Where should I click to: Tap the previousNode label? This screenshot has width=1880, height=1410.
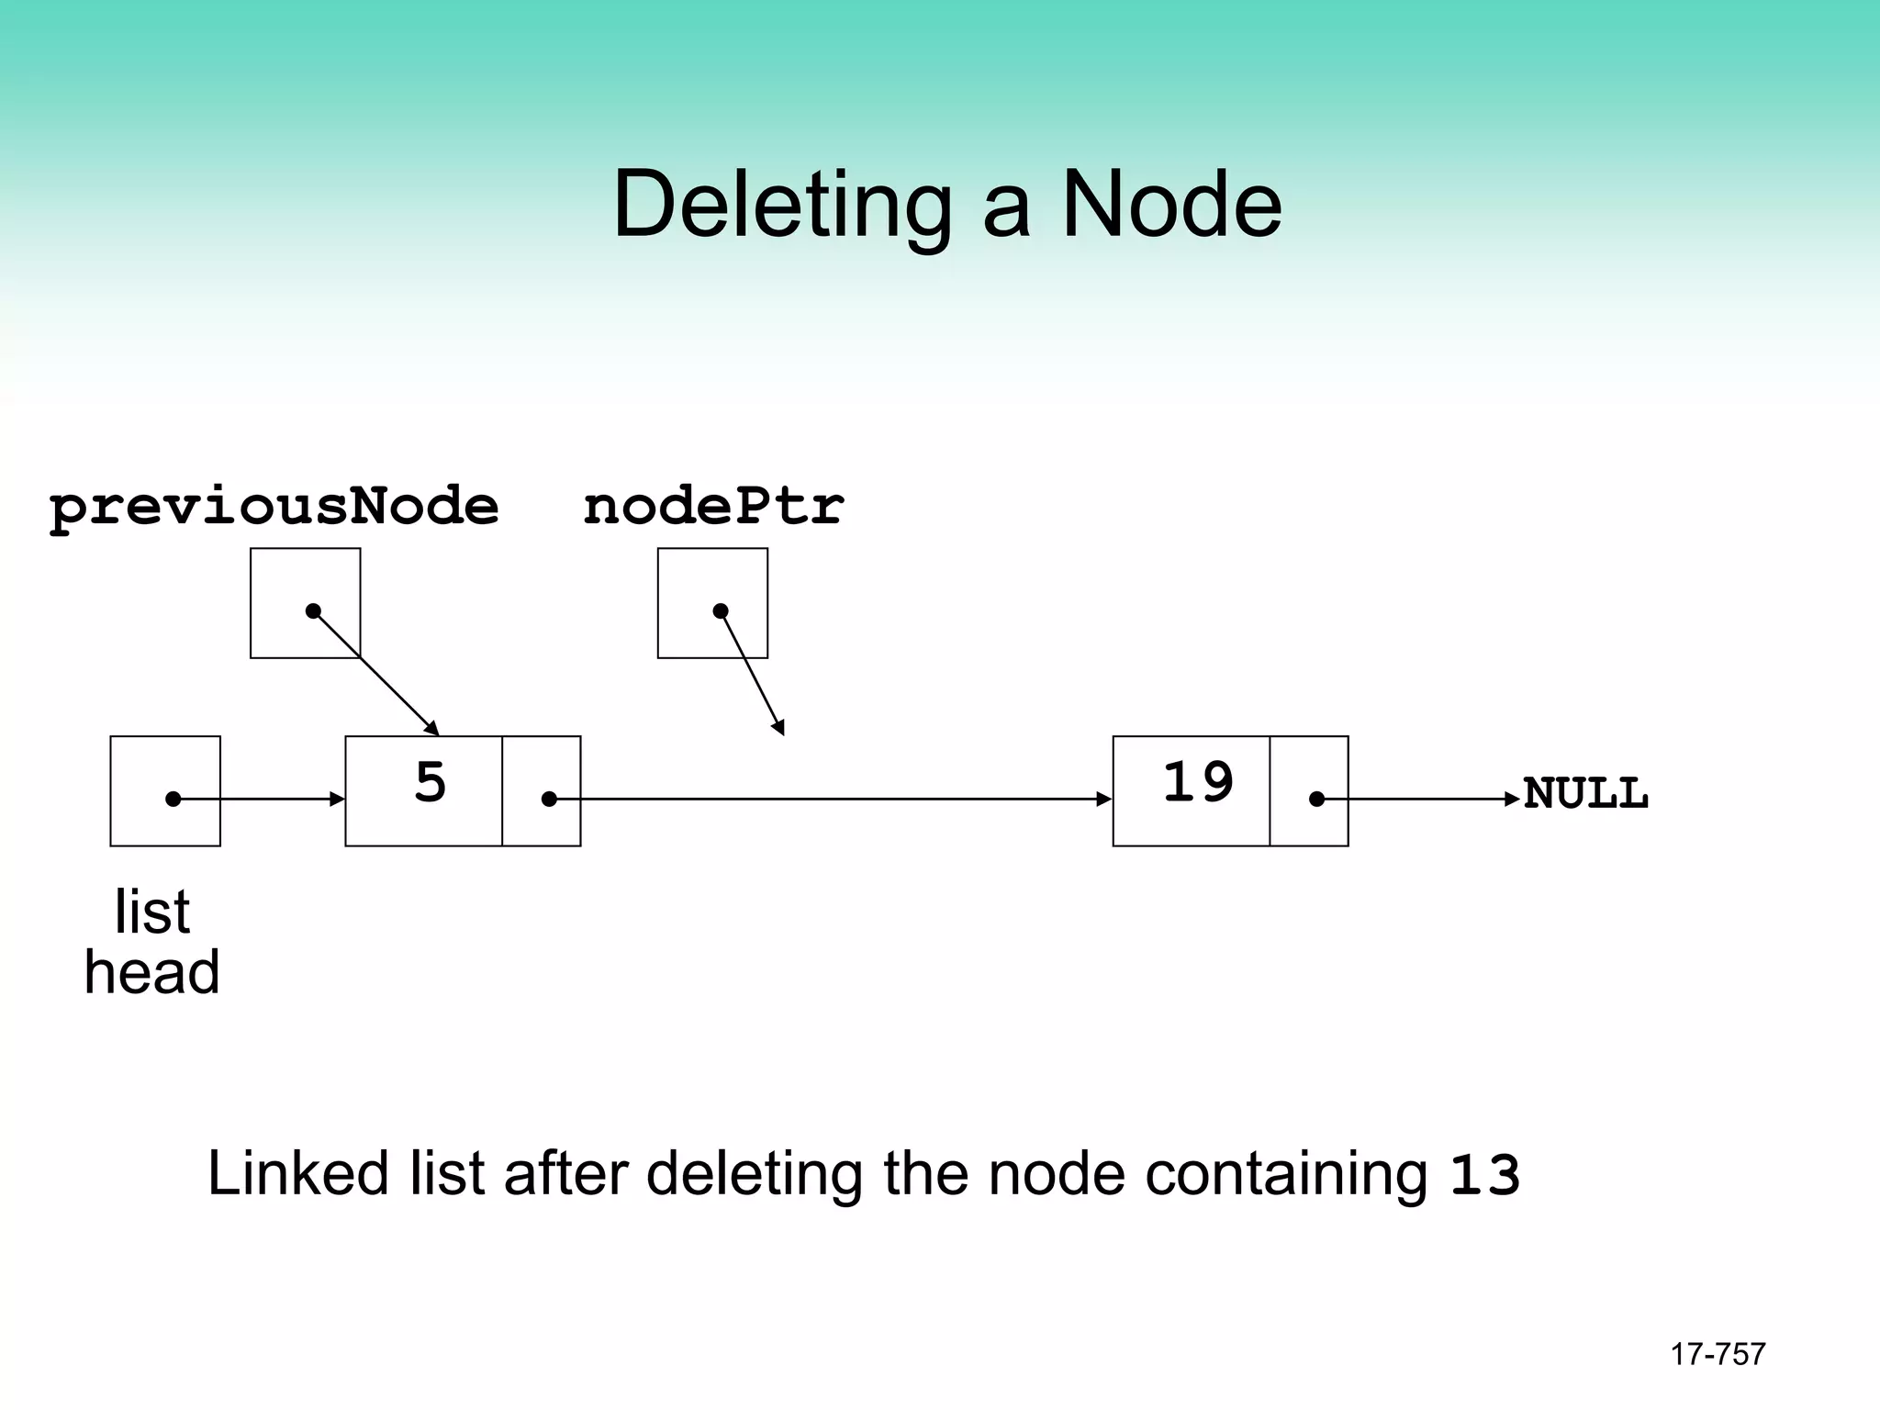(274, 507)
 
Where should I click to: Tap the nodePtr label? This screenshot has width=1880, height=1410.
(713, 507)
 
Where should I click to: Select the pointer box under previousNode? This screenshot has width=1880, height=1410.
(275, 578)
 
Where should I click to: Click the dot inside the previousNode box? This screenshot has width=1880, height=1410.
(313, 610)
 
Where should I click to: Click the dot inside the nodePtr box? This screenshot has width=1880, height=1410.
(721, 610)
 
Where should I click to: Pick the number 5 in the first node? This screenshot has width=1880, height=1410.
(430, 783)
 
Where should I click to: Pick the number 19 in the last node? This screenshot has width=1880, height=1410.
(1198, 783)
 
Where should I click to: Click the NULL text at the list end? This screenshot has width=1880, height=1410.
(1585, 793)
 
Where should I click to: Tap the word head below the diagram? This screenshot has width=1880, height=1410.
(151, 973)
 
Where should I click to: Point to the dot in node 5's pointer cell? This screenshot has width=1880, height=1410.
(549, 800)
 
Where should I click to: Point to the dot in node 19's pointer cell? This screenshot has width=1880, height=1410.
(1316, 800)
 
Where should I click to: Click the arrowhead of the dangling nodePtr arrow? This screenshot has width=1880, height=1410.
(779, 727)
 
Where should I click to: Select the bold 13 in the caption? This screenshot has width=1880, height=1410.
(1483, 1175)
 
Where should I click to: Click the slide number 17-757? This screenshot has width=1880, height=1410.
(1718, 1354)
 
